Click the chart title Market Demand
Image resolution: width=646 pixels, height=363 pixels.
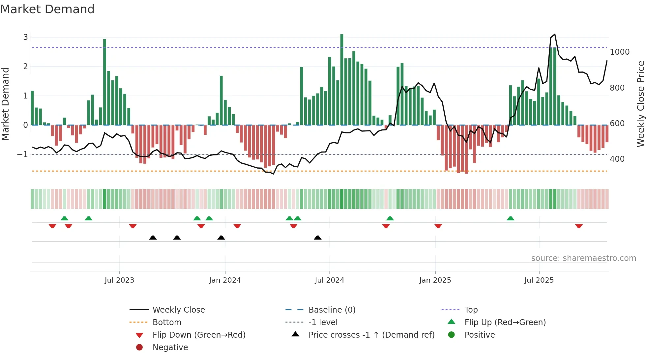pos(47,9)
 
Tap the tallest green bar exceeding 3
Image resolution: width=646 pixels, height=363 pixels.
pos(342,79)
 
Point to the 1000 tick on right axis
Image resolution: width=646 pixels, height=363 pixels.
pos(619,52)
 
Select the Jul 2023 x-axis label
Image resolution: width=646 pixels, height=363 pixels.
pos(119,280)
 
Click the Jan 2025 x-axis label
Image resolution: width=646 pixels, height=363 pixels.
pos(435,280)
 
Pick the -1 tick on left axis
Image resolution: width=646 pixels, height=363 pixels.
pos(22,154)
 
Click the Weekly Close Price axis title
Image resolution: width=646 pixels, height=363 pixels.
pos(640,104)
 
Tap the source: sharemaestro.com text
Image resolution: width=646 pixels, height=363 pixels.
pos(583,258)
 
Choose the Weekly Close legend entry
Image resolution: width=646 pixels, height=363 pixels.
pos(178,310)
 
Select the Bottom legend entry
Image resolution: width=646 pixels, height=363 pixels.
pos(167,322)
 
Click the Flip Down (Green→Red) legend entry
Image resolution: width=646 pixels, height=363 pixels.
pos(199,335)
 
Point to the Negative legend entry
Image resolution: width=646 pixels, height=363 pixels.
pos(170,348)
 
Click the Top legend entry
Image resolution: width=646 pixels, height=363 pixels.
pos(471,310)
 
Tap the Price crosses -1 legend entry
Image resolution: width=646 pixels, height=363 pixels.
pos(371,335)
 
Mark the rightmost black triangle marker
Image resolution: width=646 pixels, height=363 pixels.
pos(318,237)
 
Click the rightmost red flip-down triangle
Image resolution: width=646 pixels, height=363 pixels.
pos(579,226)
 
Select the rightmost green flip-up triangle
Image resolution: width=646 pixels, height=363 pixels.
pos(511,218)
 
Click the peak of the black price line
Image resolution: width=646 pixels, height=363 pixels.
pos(555,34)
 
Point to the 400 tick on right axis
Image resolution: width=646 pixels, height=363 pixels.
pos(617,159)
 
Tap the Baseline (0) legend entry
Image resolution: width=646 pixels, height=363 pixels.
pos(332,310)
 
